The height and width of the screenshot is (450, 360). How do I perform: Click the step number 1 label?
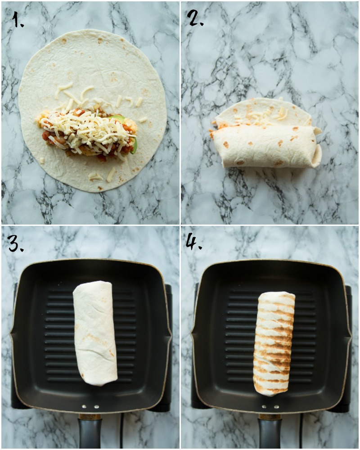coord(18,19)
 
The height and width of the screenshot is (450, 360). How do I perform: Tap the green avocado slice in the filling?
coord(134,145)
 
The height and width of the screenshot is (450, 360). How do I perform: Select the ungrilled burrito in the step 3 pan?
coord(95,333)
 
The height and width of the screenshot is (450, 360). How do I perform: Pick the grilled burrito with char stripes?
coord(274,343)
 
